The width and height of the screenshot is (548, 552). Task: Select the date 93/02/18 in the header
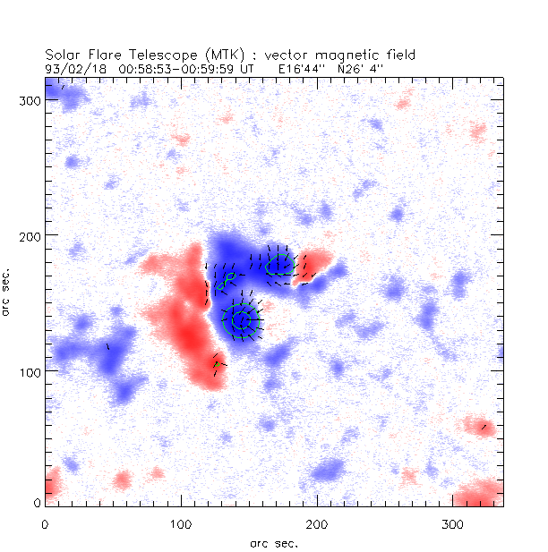pos(69,67)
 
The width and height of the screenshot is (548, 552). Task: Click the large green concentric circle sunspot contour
pos(240,320)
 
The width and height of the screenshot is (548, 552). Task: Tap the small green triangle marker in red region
pos(217,364)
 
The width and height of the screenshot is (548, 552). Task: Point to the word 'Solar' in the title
pos(63,54)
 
